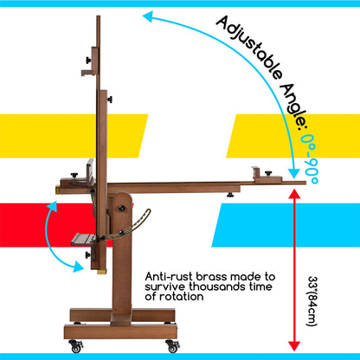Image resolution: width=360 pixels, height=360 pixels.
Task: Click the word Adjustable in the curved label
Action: [x=249, y=48]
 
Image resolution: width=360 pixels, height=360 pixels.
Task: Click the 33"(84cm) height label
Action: [x=312, y=301]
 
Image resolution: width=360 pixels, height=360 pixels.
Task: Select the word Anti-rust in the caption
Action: [x=170, y=277]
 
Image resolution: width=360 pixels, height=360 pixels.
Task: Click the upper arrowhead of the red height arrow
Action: [x=294, y=193]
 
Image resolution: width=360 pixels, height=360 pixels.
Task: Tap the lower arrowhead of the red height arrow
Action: [x=294, y=345]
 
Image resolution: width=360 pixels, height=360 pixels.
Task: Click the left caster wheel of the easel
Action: [x=76, y=346]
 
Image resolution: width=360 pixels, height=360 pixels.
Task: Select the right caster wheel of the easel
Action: [x=173, y=346]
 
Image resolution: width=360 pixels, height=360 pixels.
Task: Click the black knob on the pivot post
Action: [x=122, y=209]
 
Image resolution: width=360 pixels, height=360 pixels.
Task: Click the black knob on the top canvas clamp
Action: [x=88, y=61]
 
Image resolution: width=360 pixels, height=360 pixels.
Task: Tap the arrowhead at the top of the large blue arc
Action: [x=148, y=16]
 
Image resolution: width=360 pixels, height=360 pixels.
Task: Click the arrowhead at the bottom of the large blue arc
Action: [x=294, y=174]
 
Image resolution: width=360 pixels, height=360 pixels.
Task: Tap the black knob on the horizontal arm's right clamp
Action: [x=268, y=173]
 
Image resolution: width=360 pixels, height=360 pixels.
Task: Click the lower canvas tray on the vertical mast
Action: [x=83, y=240]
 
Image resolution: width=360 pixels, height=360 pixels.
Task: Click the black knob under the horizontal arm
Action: [x=230, y=195]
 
